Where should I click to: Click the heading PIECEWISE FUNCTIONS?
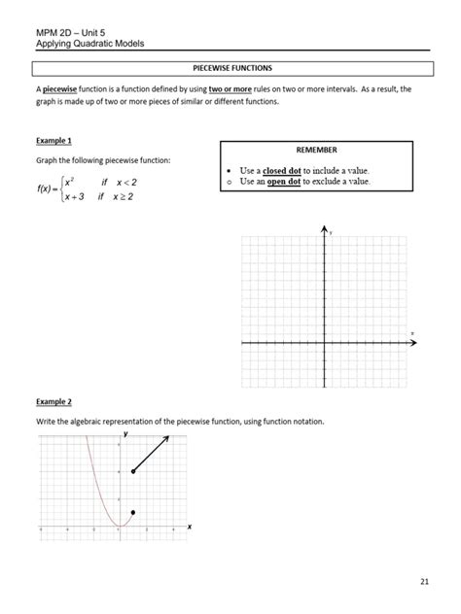click(231, 67)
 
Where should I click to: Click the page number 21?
click(424, 581)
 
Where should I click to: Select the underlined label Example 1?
click(55, 142)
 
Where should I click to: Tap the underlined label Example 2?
click(55, 401)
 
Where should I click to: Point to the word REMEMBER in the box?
click(315, 151)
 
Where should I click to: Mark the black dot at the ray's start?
click(133, 471)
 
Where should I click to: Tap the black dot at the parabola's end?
click(133, 512)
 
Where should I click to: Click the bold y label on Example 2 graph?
click(124, 434)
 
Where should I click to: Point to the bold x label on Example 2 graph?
click(189, 526)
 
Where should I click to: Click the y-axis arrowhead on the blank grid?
click(325, 229)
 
